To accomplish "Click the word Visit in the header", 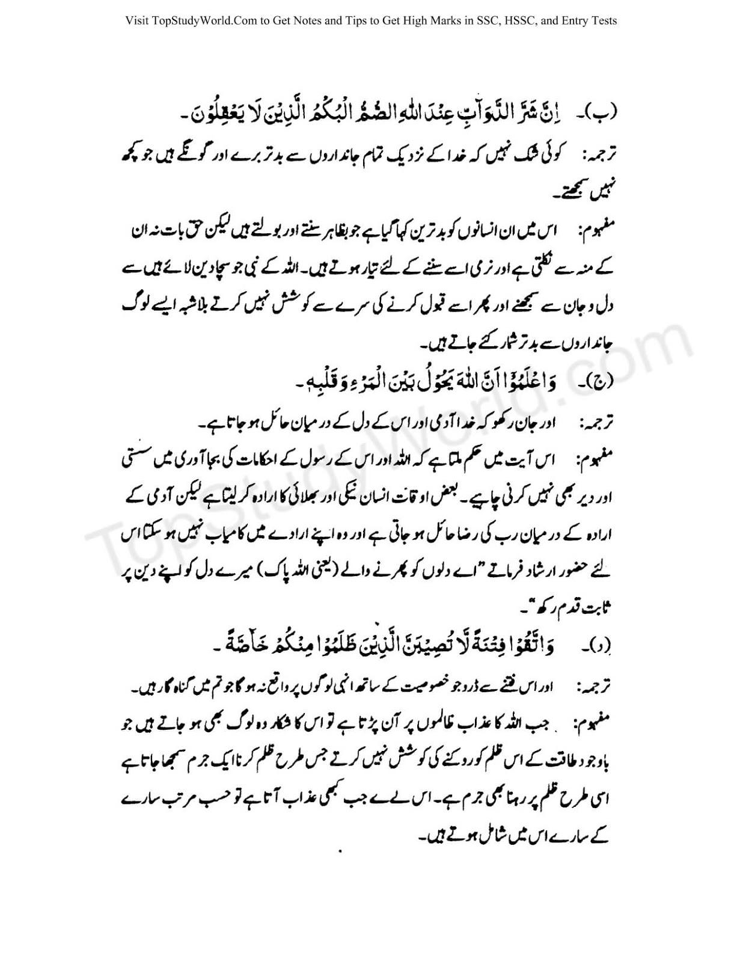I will coord(136,21).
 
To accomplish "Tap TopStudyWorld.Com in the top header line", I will coord(204,21).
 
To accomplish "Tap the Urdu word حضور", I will coord(565,573).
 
